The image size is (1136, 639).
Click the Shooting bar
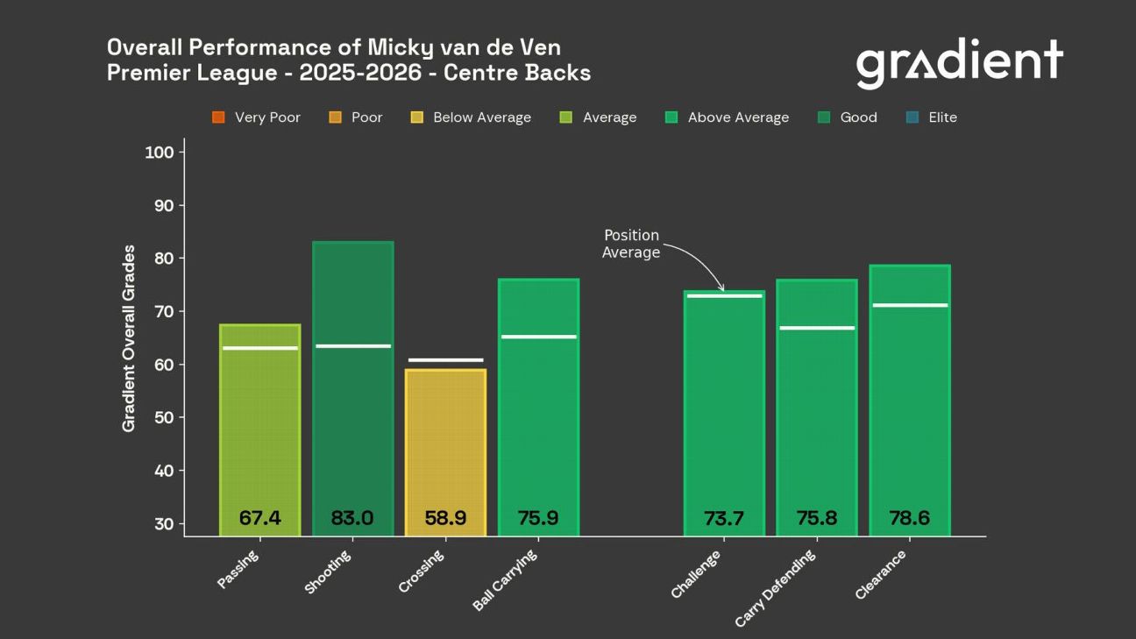pos(352,421)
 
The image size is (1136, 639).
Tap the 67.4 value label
pos(260,518)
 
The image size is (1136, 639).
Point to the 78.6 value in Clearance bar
pos(909,518)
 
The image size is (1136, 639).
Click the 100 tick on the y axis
pos(159,153)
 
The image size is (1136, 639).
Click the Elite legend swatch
pos(911,117)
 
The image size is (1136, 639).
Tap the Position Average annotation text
pos(630,244)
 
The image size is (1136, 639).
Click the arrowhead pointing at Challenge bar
pos(722,288)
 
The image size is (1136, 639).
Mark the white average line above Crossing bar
pos(445,360)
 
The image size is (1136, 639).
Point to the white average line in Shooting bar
pos(352,346)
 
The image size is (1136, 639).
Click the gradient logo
pos(959,62)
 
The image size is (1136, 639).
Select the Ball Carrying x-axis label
pos(506,580)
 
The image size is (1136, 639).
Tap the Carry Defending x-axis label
pos(776,588)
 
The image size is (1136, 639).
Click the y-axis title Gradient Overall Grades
pos(129,338)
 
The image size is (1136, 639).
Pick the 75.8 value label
pos(816,518)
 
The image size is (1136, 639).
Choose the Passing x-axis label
pos(238,570)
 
